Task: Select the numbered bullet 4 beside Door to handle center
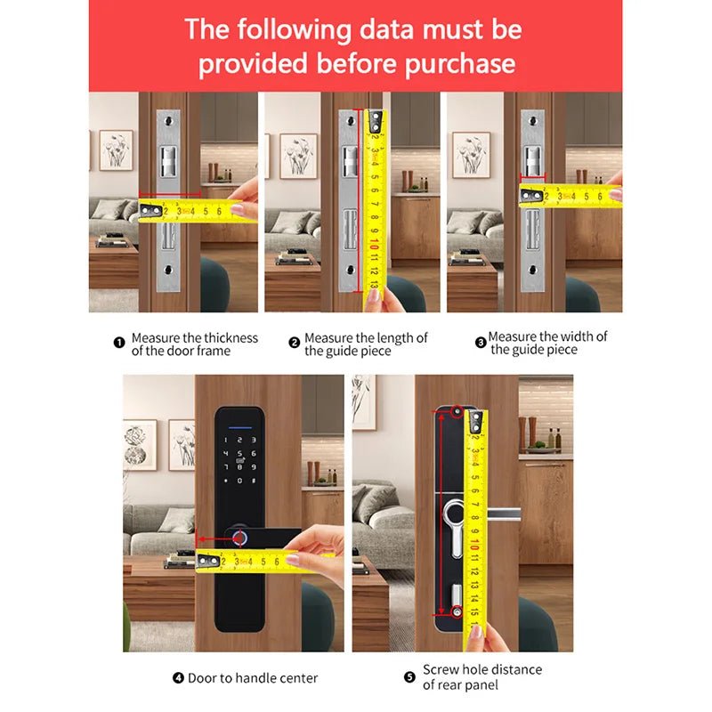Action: click(x=179, y=678)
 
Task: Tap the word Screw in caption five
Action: click(x=441, y=669)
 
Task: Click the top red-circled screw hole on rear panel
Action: click(x=456, y=411)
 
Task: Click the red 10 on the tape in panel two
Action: click(x=376, y=242)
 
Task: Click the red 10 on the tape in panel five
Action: click(x=477, y=544)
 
